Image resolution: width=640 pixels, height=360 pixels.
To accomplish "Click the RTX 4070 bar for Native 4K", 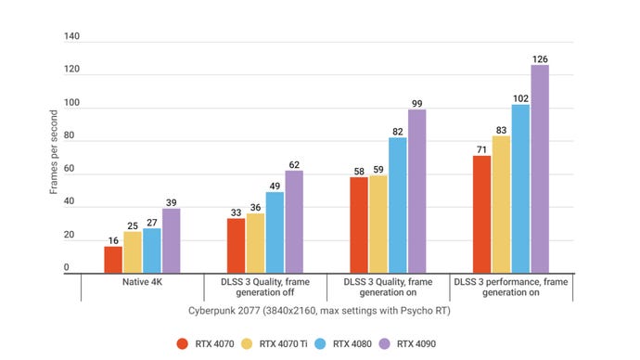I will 113,259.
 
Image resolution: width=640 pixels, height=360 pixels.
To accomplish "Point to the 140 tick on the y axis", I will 71,38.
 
